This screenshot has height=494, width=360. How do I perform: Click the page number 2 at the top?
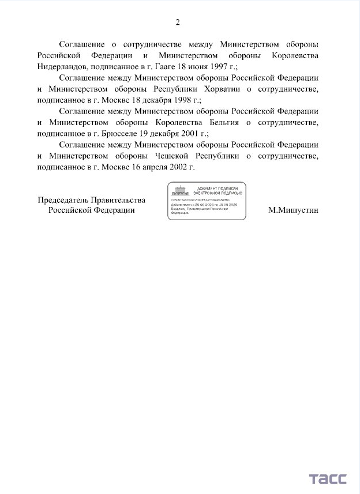pos(178,22)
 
